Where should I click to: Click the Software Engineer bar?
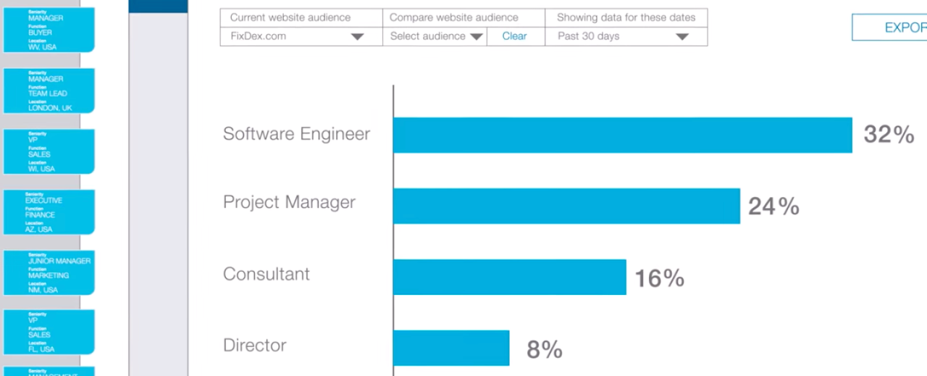point(622,135)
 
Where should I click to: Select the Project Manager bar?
point(566,206)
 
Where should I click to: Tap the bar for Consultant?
point(509,277)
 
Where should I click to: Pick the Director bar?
point(451,348)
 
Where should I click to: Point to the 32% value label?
point(889,135)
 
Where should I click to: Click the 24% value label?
point(773,206)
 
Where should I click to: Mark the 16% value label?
point(659,278)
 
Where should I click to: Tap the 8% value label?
point(545,350)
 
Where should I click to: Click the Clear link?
point(514,36)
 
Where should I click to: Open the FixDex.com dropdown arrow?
point(357,37)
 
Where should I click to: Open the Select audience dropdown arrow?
point(476,37)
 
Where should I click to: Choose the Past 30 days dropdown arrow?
point(681,37)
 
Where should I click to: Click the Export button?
point(891,28)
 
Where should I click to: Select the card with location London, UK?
point(49,91)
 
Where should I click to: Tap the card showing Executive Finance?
point(49,212)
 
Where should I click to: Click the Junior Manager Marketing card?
point(49,273)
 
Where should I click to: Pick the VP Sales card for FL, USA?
point(49,333)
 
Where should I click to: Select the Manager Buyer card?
point(49,30)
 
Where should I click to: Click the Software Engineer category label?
point(296,134)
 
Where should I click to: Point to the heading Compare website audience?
point(454,17)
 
